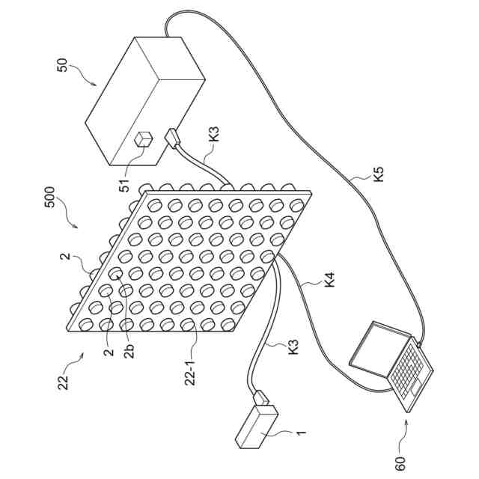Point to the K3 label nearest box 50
pyautogui.click(x=215, y=135)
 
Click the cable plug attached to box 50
pyautogui.click(x=172, y=138)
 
